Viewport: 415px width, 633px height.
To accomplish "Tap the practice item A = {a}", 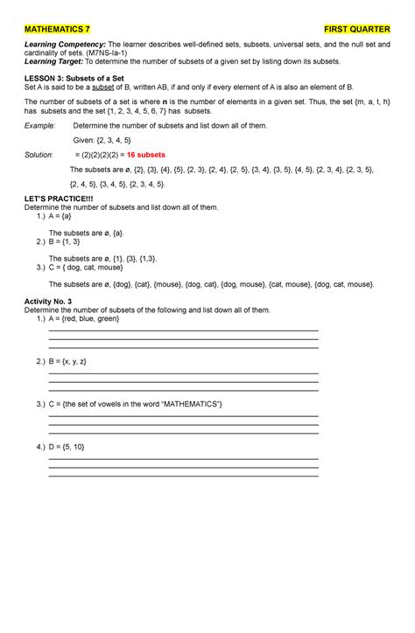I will click(63, 219).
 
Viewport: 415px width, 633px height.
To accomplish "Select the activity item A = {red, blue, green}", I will click(84, 319).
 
